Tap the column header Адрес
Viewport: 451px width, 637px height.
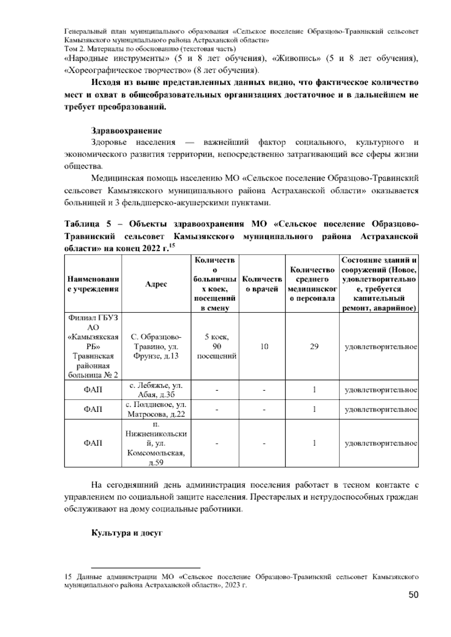click(156, 284)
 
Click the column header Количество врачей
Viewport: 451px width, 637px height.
click(262, 284)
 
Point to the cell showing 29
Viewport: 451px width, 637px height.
click(314, 347)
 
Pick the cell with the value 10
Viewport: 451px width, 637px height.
click(264, 347)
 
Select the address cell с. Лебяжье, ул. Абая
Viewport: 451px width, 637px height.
click(156, 390)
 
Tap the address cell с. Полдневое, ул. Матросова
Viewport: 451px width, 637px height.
click(156, 409)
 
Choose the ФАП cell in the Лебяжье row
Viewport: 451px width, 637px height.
click(93, 390)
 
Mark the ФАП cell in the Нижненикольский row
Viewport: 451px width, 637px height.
click(93, 443)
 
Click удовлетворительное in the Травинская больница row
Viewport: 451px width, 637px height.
click(381, 347)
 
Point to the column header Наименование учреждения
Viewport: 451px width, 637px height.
click(93, 284)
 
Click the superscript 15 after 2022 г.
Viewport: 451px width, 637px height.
click(172, 245)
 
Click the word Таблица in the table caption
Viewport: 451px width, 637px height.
click(82, 224)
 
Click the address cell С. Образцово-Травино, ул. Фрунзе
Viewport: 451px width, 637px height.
click(156, 346)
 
